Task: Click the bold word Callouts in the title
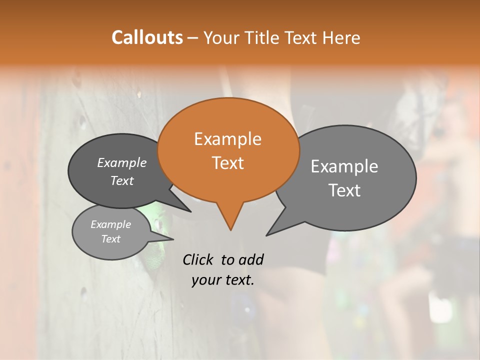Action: point(147,37)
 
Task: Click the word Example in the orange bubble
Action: point(227,139)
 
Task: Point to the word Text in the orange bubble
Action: point(227,163)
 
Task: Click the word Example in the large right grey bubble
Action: point(344,166)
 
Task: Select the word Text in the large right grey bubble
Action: point(344,190)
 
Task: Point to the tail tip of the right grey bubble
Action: point(268,234)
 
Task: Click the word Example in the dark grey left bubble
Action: point(122,162)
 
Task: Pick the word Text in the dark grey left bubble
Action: point(122,180)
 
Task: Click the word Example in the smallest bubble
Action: point(111,224)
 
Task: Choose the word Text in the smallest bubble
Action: point(111,239)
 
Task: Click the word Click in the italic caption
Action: point(198,259)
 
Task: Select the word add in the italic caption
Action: point(250,259)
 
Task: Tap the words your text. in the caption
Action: point(223,280)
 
